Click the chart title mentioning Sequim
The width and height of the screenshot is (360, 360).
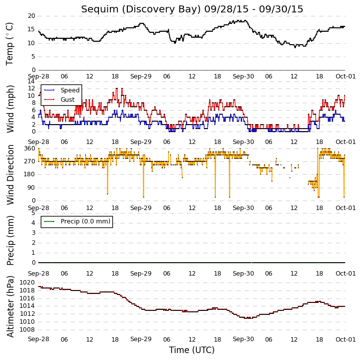(x=192, y=9)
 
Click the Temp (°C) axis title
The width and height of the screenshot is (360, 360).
(x=9, y=44)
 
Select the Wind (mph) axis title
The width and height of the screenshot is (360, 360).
(x=10, y=109)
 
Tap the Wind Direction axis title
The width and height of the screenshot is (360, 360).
(x=10, y=175)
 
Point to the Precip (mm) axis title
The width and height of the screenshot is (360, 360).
(x=10, y=240)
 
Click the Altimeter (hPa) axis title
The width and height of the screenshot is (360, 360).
(x=10, y=306)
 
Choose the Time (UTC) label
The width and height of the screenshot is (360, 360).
(x=192, y=351)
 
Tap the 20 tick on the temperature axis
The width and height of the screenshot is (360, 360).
(x=31, y=16)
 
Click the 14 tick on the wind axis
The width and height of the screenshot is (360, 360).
(x=31, y=81)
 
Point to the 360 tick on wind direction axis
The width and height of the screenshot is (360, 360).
(x=30, y=148)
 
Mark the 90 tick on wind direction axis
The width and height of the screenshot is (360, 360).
(x=32, y=188)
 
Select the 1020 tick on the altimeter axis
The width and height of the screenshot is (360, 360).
(x=27, y=283)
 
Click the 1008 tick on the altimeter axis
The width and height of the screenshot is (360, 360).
(x=27, y=330)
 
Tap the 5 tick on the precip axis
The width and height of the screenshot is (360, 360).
(x=33, y=213)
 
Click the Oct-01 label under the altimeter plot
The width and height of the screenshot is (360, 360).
(x=346, y=339)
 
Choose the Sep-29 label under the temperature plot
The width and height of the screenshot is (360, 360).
(x=141, y=76)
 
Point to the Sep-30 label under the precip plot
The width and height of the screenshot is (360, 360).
(x=243, y=274)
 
